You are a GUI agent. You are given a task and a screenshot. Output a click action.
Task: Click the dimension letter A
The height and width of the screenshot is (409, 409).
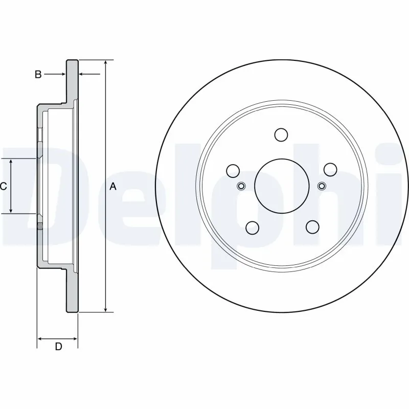113,187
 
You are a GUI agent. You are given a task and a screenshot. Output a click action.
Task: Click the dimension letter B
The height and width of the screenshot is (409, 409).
38,75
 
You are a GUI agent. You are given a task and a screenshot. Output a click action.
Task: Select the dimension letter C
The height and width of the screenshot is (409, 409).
4,186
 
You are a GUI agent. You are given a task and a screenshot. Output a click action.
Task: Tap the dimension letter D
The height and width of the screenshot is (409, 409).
58,347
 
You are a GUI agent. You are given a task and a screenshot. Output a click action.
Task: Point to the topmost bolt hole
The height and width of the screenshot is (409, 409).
281,134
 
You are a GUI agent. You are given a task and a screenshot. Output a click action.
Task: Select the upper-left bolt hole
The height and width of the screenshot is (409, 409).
233,170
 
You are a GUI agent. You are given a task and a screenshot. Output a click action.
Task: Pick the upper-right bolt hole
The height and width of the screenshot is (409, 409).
330,169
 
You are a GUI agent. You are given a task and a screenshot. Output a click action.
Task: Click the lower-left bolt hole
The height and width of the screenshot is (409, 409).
251,226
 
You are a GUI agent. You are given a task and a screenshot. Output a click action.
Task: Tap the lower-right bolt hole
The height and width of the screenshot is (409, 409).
311,226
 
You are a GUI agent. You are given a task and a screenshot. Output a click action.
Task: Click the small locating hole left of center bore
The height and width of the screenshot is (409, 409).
241,186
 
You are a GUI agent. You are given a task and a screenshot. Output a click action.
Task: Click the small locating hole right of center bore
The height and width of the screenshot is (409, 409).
321,186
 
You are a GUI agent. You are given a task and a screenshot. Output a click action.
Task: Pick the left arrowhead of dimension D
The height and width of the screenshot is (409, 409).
41,338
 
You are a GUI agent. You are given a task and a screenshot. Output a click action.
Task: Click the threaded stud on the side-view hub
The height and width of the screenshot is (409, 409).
39,223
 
